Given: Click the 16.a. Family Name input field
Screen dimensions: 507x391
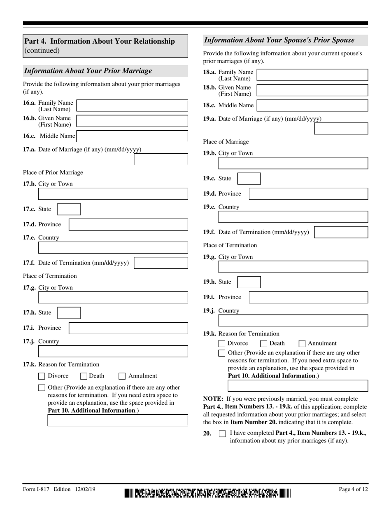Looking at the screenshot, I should pyautogui.click(x=132, y=106).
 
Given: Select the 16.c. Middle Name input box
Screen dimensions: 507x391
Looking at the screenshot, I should pyautogui.click(x=132, y=136).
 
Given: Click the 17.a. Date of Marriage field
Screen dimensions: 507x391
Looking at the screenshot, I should pyautogui.click(x=161, y=160).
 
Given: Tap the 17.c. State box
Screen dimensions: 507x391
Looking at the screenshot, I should pyautogui.click(x=69, y=209).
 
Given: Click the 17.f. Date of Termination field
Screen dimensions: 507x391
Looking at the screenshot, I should pyautogui.click(x=161, y=263).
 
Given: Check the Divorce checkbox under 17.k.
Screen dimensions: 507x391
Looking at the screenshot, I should pyautogui.click(x=42, y=376).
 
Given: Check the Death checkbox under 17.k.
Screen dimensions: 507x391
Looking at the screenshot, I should pyautogui.click(x=84, y=376).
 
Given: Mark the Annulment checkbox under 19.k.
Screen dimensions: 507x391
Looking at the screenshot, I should pyautogui.click(x=302, y=343).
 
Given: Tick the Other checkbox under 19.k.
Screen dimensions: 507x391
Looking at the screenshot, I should pyautogui.click(x=222, y=353).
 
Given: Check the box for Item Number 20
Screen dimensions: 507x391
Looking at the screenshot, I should pyautogui.click(x=222, y=434).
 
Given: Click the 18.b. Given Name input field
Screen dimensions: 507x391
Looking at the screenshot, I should pyautogui.click(x=312, y=90).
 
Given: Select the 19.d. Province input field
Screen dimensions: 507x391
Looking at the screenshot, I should pyautogui.click(x=309, y=194).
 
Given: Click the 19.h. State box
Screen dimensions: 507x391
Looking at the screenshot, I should pyautogui.click(x=249, y=282).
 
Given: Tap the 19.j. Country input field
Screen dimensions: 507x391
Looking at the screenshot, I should pyautogui.click(x=293, y=321).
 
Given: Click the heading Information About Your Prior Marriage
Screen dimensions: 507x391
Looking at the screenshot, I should pyautogui.click(x=88, y=71).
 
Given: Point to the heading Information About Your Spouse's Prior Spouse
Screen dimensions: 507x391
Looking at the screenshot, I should pyautogui.click(x=279, y=40).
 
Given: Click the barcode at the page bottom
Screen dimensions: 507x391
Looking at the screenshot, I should pyautogui.click(x=207, y=493).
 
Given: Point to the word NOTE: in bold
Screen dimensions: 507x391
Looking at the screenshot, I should pyautogui.click(x=213, y=399).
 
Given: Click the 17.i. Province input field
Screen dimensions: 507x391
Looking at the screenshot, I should pyautogui.click(x=128, y=328).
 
